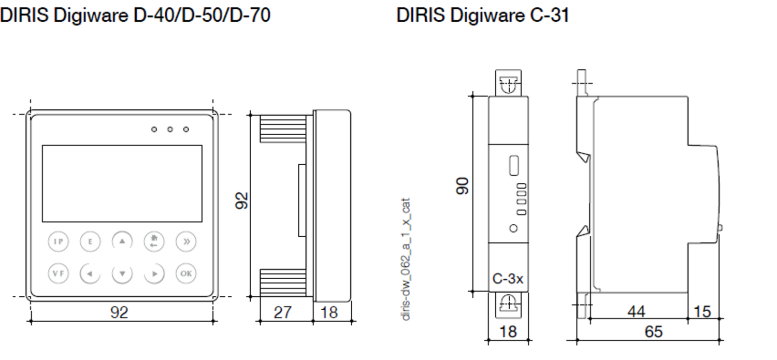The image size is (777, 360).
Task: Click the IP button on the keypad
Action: (59, 241)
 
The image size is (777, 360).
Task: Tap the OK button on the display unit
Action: (185, 273)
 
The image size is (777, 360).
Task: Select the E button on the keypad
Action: (90, 241)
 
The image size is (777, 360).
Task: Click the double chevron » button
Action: (185, 241)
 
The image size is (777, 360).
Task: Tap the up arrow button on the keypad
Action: (122, 241)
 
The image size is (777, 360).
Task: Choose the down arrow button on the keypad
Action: (122, 273)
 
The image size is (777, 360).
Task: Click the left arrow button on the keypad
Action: (90, 273)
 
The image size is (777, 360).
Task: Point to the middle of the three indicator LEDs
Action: (170, 129)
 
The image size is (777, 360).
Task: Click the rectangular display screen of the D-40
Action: (122, 183)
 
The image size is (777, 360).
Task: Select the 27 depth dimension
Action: (282, 312)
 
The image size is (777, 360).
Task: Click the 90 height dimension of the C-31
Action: (462, 185)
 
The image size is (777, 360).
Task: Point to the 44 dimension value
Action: (637, 312)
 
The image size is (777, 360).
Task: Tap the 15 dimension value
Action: (702, 312)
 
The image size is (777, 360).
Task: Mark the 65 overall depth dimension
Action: (653, 332)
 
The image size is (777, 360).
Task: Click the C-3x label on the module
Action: (508, 279)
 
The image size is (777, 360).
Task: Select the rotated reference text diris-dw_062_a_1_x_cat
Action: (407, 258)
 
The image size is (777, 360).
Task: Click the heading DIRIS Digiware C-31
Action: (482, 16)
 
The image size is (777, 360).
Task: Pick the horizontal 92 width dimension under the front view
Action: (119, 312)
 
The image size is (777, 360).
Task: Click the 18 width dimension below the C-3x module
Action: (508, 332)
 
